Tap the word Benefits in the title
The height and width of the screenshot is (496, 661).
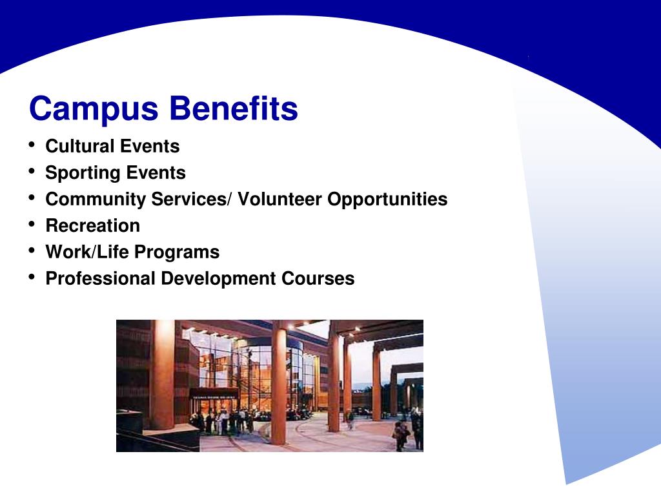click(234, 108)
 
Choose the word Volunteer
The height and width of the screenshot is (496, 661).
click(280, 199)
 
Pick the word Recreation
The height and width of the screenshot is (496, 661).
click(93, 225)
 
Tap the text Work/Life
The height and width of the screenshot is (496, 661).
click(87, 252)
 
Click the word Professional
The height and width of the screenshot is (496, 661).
click(100, 278)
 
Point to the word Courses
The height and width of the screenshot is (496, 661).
click(318, 278)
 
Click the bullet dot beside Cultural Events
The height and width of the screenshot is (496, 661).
click(32, 145)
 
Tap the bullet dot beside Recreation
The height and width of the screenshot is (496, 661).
click(32, 224)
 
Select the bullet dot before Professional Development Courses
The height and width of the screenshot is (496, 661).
click(32, 277)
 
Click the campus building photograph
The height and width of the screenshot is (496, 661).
click(270, 386)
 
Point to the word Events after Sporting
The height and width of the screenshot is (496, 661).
click(156, 173)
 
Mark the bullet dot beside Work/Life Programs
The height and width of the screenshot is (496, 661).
click(32, 251)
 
